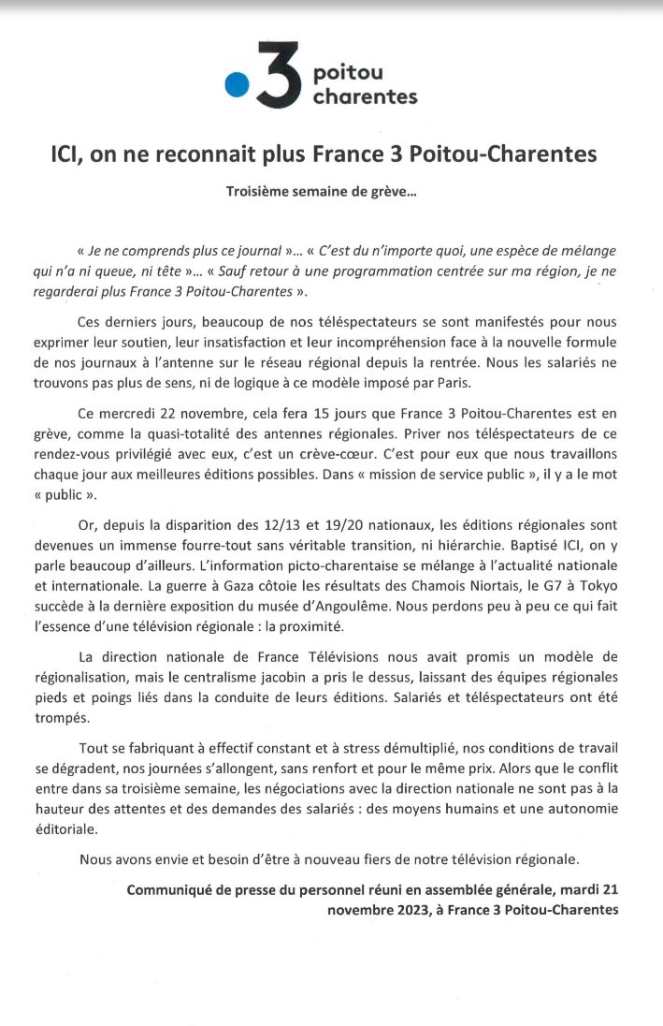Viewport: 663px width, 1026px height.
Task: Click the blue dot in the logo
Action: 238,85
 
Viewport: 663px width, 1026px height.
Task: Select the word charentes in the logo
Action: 366,96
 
